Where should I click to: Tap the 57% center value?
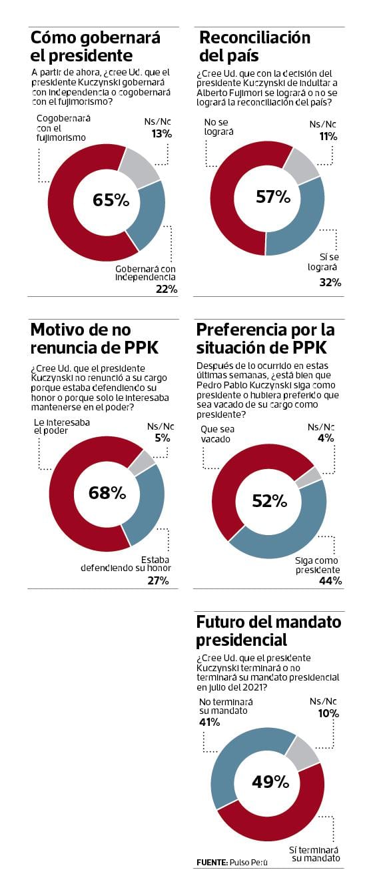[x=273, y=197]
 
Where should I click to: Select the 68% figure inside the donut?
[x=107, y=493]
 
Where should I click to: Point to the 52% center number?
[x=269, y=500]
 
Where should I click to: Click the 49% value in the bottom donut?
[x=270, y=781]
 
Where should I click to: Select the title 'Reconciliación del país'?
[x=254, y=46]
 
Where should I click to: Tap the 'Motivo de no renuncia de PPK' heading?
[x=94, y=338]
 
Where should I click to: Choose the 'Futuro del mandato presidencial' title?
[x=268, y=630]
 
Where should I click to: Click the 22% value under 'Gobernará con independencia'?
[x=166, y=289]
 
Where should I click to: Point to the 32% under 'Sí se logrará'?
[x=330, y=282]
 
